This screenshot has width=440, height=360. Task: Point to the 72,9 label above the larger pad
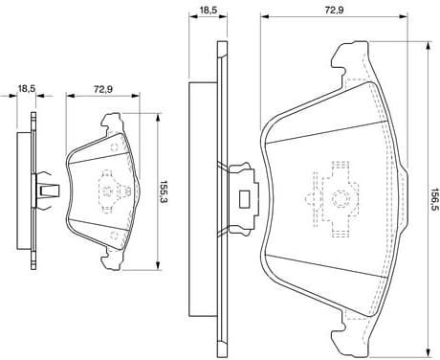(x=333, y=10)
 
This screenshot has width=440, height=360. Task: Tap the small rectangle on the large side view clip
(x=244, y=198)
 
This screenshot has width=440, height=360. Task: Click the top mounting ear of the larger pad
(x=350, y=58)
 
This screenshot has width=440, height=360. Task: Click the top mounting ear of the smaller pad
(x=111, y=122)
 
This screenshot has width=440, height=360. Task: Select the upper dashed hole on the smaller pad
(x=114, y=147)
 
